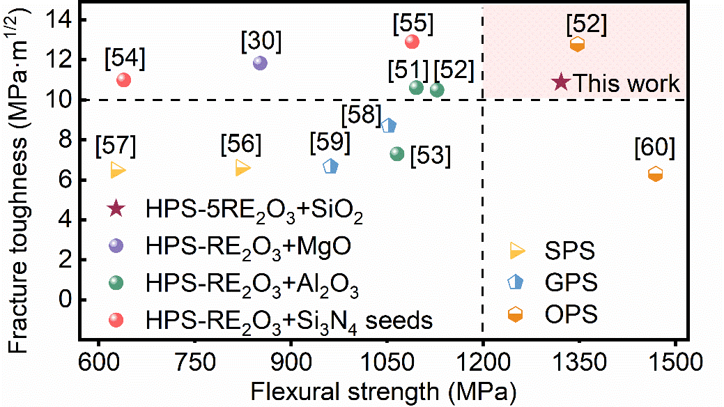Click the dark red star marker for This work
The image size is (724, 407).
point(561,82)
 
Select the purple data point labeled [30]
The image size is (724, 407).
point(260,63)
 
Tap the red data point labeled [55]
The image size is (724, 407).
point(412,41)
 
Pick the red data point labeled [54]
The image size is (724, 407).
point(124,79)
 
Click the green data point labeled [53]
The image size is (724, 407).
point(396,153)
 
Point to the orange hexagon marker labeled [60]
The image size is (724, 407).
point(655,174)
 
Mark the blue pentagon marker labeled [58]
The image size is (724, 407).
point(389,125)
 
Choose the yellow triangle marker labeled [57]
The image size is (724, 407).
point(117,169)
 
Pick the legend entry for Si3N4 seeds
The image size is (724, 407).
point(289,321)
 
